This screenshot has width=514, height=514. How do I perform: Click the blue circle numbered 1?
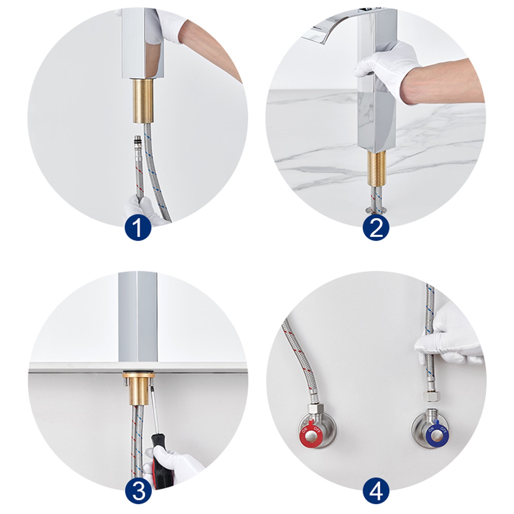[137, 227]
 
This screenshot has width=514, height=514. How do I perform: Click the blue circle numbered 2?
[376, 227]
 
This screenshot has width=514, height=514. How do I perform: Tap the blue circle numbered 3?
[137, 491]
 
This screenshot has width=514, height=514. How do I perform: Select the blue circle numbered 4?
[376, 491]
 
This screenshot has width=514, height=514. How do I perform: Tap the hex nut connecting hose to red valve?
[313, 408]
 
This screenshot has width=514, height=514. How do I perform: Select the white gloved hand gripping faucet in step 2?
[385, 67]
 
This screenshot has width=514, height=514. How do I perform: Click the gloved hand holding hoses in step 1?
[141, 209]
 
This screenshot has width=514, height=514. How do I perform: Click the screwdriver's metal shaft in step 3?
[155, 411]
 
